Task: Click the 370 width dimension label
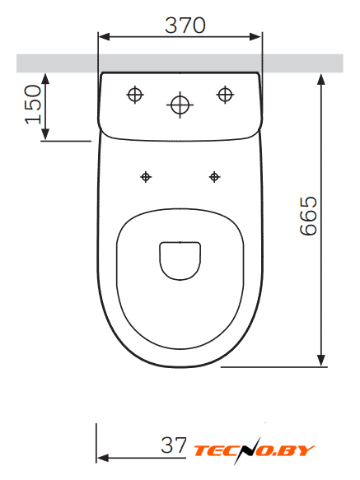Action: [185, 25]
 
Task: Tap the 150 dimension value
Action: [33, 105]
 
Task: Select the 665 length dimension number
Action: [308, 216]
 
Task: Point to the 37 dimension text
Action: [174, 445]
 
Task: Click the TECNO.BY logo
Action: [255, 450]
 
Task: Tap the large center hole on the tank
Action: [180, 105]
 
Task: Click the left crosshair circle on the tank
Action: [135, 95]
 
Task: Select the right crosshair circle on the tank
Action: [225, 95]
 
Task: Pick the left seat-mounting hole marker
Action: [146, 177]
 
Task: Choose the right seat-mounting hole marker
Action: [214, 177]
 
